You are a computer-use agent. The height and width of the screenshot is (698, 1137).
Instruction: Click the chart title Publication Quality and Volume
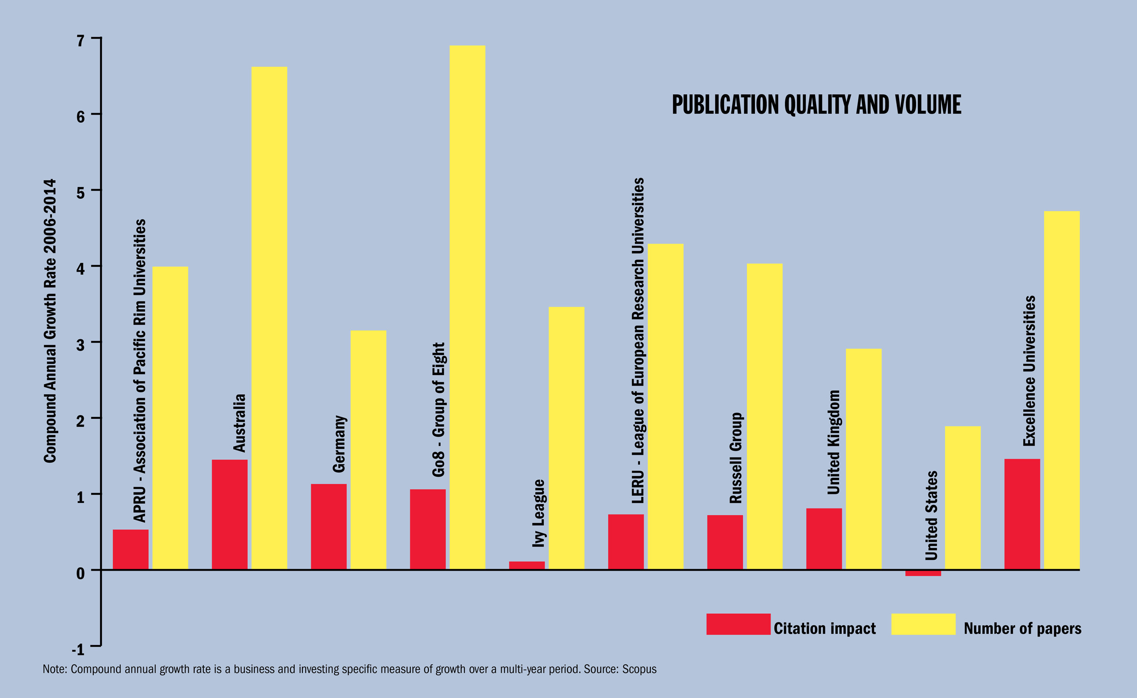tap(816, 105)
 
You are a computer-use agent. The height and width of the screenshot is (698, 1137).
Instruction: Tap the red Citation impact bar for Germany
tap(329, 526)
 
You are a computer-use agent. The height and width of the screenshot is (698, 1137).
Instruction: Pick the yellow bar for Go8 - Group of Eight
tap(467, 307)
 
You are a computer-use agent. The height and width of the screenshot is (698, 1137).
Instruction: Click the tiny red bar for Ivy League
tap(527, 565)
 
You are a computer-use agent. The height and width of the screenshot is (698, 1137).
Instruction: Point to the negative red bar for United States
tap(923, 573)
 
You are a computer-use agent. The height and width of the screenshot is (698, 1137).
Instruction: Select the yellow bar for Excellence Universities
tap(1062, 390)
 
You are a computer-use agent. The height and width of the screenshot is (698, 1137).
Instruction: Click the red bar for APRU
tap(131, 549)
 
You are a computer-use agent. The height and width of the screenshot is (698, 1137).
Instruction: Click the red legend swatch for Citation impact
tap(738, 624)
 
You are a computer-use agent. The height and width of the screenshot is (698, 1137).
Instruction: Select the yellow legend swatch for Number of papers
tap(923, 624)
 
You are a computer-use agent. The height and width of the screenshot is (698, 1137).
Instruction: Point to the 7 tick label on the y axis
tap(81, 41)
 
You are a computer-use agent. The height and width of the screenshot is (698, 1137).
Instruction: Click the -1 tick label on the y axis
tap(78, 649)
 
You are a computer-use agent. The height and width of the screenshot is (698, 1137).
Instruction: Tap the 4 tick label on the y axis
tap(81, 269)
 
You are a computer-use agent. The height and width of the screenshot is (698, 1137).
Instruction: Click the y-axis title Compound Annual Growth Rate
tap(50, 321)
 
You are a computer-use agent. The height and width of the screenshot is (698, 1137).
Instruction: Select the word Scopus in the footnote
tap(639, 669)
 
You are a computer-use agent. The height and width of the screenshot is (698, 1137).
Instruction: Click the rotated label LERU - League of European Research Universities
tap(638, 340)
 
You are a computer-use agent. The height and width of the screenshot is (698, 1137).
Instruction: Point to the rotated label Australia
tap(239, 422)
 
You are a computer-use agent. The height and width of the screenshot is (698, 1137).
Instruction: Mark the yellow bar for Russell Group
tap(765, 416)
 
